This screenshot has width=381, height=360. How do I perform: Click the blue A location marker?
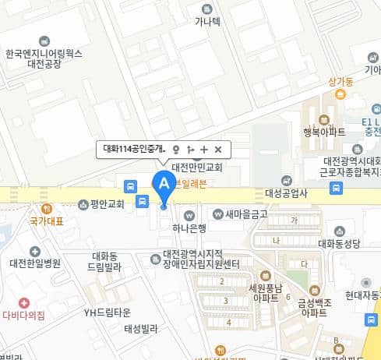tap(163, 184)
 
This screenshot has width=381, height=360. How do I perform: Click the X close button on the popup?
tap(218, 149)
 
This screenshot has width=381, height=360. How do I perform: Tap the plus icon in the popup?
tap(204, 149)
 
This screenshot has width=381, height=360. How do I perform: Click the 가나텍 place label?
tap(207, 21)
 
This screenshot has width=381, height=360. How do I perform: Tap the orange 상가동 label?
tap(341, 80)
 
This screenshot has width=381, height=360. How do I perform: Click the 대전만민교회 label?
tap(197, 167)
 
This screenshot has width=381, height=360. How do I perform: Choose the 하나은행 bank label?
tap(189, 228)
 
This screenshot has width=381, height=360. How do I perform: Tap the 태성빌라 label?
tap(141, 330)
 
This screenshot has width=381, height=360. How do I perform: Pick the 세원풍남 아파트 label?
tap(263, 291)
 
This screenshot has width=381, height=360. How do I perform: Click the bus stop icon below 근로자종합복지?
tap(336, 188)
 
